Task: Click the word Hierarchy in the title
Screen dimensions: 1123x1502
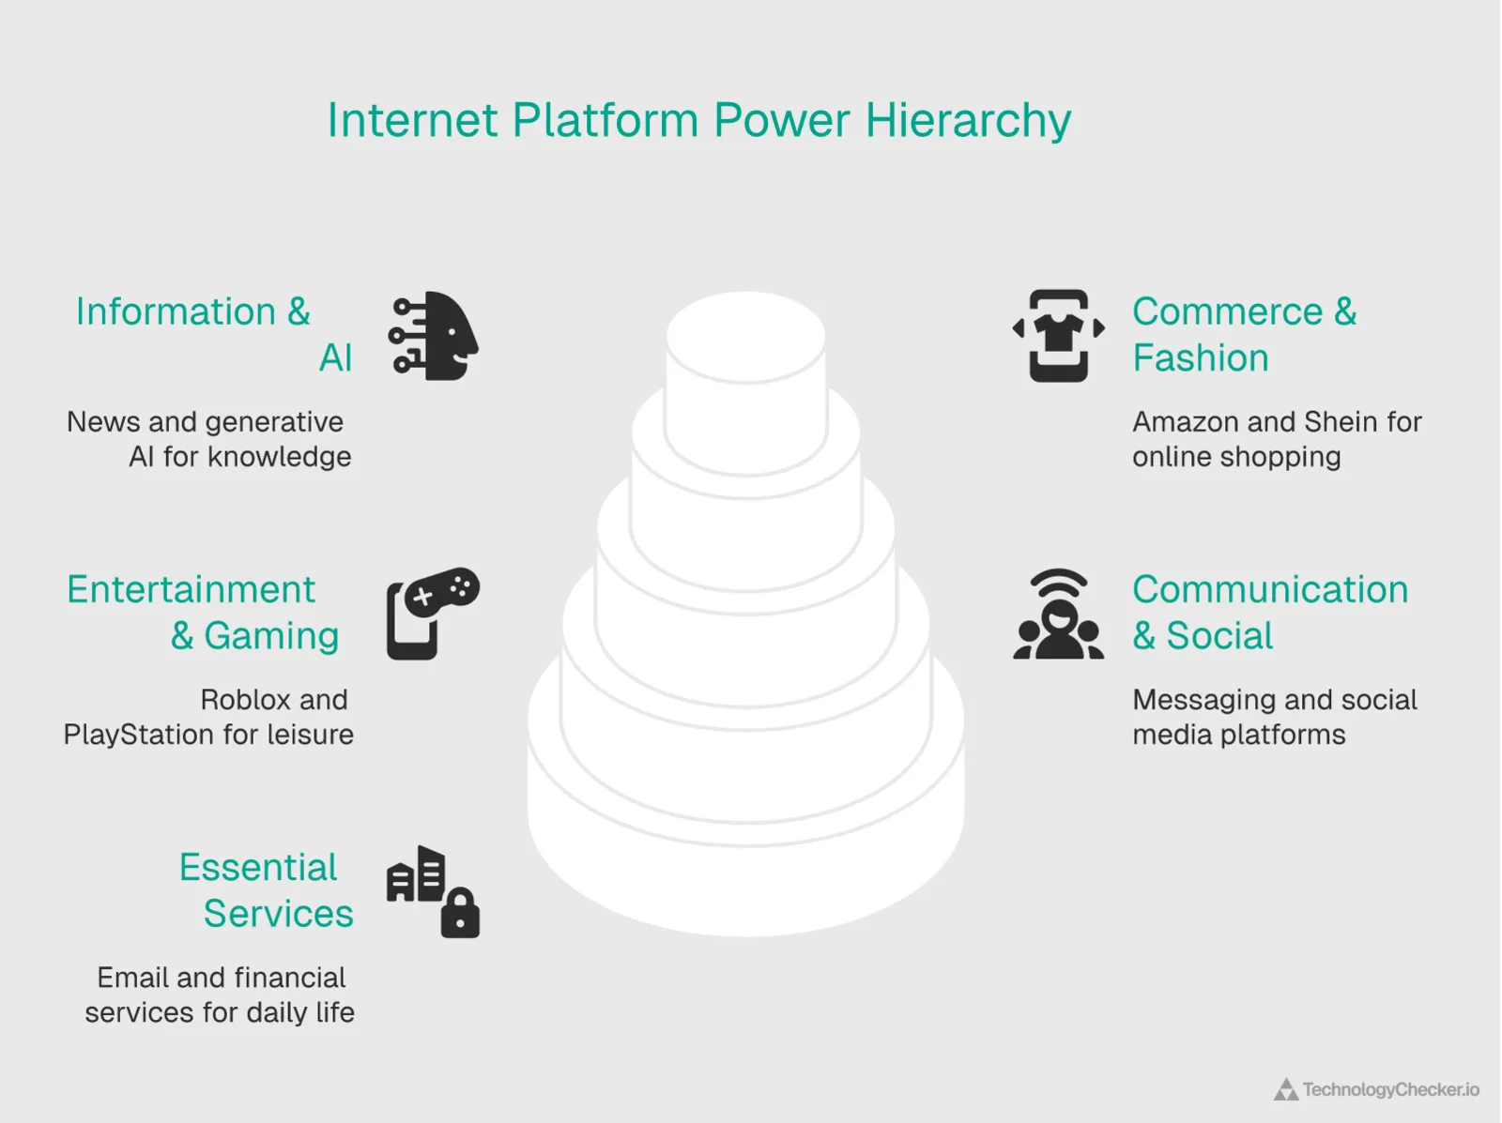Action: pyautogui.click(x=968, y=121)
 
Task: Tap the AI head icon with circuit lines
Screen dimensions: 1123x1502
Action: pyautogui.click(x=434, y=336)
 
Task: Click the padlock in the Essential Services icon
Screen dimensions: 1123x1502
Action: pyautogui.click(x=460, y=914)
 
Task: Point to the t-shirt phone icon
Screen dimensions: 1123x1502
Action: pyautogui.click(x=1059, y=335)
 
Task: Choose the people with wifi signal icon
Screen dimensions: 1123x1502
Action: pyautogui.click(x=1059, y=615)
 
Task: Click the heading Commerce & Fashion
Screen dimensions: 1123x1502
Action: pyautogui.click(x=1244, y=334)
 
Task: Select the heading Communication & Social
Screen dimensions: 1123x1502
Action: pyautogui.click(x=1269, y=612)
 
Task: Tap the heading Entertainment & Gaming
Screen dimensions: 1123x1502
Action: pyautogui.click(x=202, y=612)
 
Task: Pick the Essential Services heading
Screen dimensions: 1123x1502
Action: pyautogui.click(x=267, y=890)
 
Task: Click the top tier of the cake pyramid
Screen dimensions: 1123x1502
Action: pyautogui.click(x=746, y=338)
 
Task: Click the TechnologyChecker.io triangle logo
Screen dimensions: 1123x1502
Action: pyautogui.click(x=1285, y=1090)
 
